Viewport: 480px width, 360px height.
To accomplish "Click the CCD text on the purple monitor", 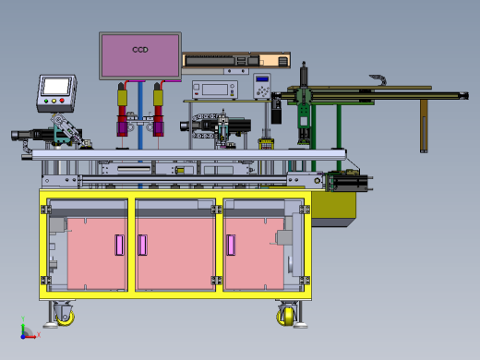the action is click(140, 50).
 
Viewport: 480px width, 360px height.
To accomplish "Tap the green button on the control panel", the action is click(46, 101).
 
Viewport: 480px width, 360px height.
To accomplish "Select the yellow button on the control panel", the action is click(54, 101).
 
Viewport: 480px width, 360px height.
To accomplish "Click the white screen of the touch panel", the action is click(56, 87).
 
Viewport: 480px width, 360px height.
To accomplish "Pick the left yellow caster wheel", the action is click(66, 318).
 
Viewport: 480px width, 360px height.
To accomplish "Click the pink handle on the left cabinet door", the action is click(119, 245).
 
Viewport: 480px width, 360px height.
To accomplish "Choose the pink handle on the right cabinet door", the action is click(231, 245).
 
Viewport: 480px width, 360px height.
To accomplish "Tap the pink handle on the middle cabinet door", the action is click(142, 245).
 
